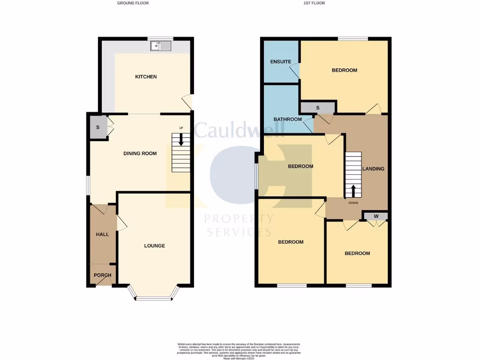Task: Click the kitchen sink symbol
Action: [161, 45]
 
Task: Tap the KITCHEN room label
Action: [146, 77]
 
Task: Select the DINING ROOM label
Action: [140, 153]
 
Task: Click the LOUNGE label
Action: [154, 246]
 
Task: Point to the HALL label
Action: [102, 234]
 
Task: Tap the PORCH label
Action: [102, 275]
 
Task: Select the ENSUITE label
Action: [281, 62]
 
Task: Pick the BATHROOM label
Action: [288, 120]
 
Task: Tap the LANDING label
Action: [373, 169]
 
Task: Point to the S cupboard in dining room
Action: [98, 127]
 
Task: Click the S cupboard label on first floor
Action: [317, 108]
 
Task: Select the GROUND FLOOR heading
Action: [133, 3]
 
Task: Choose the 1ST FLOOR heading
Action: [315, 3]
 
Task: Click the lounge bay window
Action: [154, 297]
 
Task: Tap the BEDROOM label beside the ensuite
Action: [344, 70]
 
